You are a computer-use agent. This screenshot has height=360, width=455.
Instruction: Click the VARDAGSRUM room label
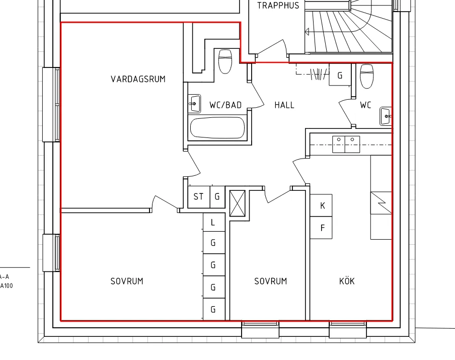(x=138, y=79)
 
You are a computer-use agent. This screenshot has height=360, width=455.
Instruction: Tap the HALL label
(x=284, y=105)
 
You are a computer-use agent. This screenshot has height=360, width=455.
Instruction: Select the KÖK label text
(x=347, y=281)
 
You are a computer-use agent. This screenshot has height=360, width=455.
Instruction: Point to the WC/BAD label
(x=225, y=105)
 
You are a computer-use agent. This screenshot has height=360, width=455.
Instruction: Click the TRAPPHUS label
(x=278, y=5)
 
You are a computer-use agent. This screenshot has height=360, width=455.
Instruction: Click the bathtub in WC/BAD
(x=217, y=128)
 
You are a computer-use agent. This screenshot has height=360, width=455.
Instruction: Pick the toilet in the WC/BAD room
(x=225, y=61)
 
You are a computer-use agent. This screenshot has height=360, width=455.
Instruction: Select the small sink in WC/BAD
(x=194, y=104)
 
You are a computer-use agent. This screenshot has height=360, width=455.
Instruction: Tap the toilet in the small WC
(x=366, y=76)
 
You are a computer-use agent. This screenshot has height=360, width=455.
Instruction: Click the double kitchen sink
(x=346, y=145)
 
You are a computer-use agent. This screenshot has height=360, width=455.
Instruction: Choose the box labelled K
(x=321, y=205)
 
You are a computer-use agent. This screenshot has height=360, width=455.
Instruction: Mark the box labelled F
(x=321, y=228)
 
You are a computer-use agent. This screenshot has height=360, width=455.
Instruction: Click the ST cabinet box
(x=199, y=197)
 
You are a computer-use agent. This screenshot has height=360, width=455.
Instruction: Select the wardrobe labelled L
(x=214, y=223)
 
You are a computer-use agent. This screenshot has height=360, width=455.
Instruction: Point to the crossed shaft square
(x=238, y=203)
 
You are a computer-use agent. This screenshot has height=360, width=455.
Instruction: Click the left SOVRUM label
(x=127, y=281)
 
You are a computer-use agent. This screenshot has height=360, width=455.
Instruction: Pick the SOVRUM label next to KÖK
(x=270, y=281)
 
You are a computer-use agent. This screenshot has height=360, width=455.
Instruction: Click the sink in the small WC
(x=386, y=116)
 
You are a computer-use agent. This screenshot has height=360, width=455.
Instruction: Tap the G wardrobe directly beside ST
(x=217, y=197)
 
